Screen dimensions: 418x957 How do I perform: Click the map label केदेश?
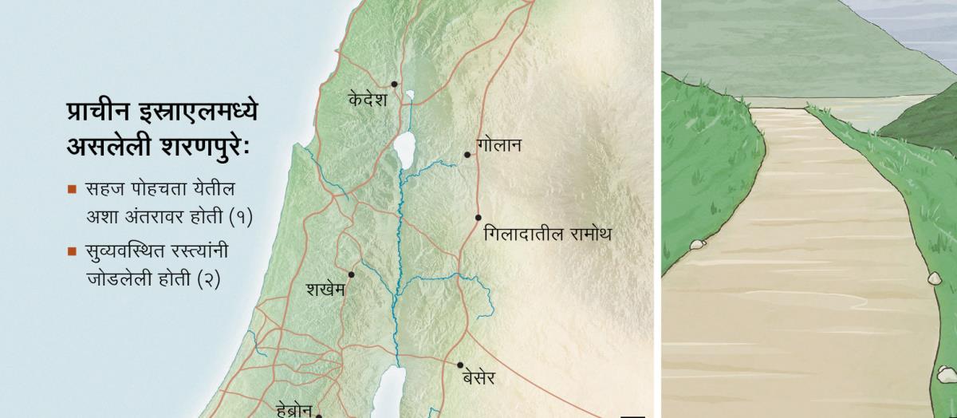368,100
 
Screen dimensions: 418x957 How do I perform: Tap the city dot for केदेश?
394,84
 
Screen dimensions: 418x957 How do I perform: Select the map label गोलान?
498,146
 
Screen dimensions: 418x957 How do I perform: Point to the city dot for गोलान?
467,155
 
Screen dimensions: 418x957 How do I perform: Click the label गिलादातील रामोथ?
547,235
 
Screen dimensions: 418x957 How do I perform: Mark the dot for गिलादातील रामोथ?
478,217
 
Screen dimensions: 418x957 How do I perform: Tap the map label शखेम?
325,290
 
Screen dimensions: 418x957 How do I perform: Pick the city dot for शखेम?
351,274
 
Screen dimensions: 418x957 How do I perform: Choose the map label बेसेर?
478,379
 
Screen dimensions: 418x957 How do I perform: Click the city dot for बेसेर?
460,365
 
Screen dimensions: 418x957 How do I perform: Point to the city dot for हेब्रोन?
319,415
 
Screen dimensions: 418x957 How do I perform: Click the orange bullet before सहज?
72,191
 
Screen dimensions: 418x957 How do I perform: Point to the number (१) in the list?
240,216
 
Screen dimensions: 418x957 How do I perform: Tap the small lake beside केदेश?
409,97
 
